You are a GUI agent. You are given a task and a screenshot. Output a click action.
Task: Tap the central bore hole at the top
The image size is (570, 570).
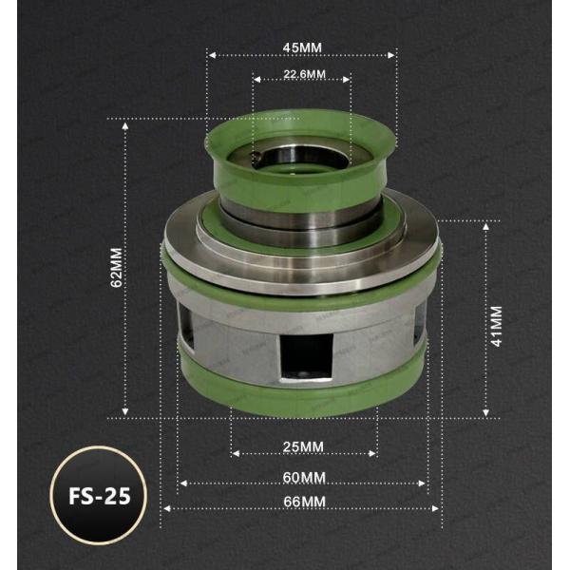tap(302, 152)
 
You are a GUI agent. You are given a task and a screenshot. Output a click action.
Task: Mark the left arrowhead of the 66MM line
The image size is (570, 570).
tap(164, 508)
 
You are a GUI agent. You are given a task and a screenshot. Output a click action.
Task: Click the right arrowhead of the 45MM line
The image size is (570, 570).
tap(392, 55)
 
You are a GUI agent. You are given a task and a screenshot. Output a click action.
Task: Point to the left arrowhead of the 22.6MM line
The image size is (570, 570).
tap(256, 81)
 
